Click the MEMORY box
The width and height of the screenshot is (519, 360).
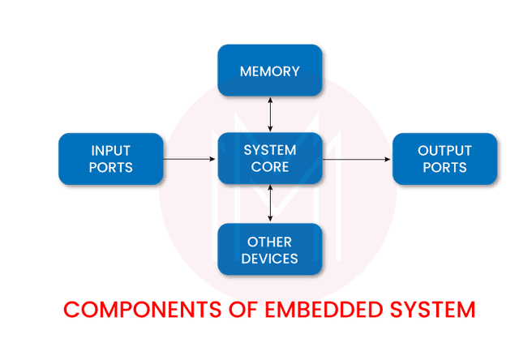click(269, 71)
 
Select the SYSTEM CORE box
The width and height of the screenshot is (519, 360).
click(269, 159)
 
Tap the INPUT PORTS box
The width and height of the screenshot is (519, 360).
click(111, 159)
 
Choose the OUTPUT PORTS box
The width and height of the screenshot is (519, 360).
click(443, 159)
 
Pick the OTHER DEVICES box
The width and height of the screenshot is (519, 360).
click(269, 250)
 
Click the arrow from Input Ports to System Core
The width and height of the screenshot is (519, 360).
click(191, 159)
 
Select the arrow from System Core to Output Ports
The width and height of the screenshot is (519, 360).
click(357, 160)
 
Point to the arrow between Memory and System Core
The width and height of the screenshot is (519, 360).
click(270, 114)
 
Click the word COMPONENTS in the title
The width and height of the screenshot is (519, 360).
click(138, 309)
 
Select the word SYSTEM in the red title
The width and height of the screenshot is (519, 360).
click(430, 309)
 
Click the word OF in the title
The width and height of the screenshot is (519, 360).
click(232, 309)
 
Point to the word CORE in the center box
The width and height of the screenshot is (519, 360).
click(270, 167)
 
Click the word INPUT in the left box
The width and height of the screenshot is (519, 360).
click(111, 151)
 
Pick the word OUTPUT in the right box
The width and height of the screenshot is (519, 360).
click(444, 151)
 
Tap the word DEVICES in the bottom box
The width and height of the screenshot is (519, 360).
click(269, 259)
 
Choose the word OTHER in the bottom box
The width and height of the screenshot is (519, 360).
click(269, 242)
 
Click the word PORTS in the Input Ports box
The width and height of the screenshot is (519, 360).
click(111, 168)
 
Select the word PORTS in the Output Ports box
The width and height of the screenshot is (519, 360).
click(444, 168)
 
